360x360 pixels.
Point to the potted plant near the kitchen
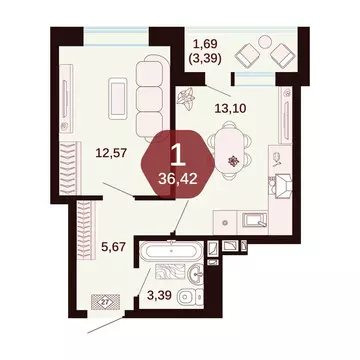click(x=187, y=99)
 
